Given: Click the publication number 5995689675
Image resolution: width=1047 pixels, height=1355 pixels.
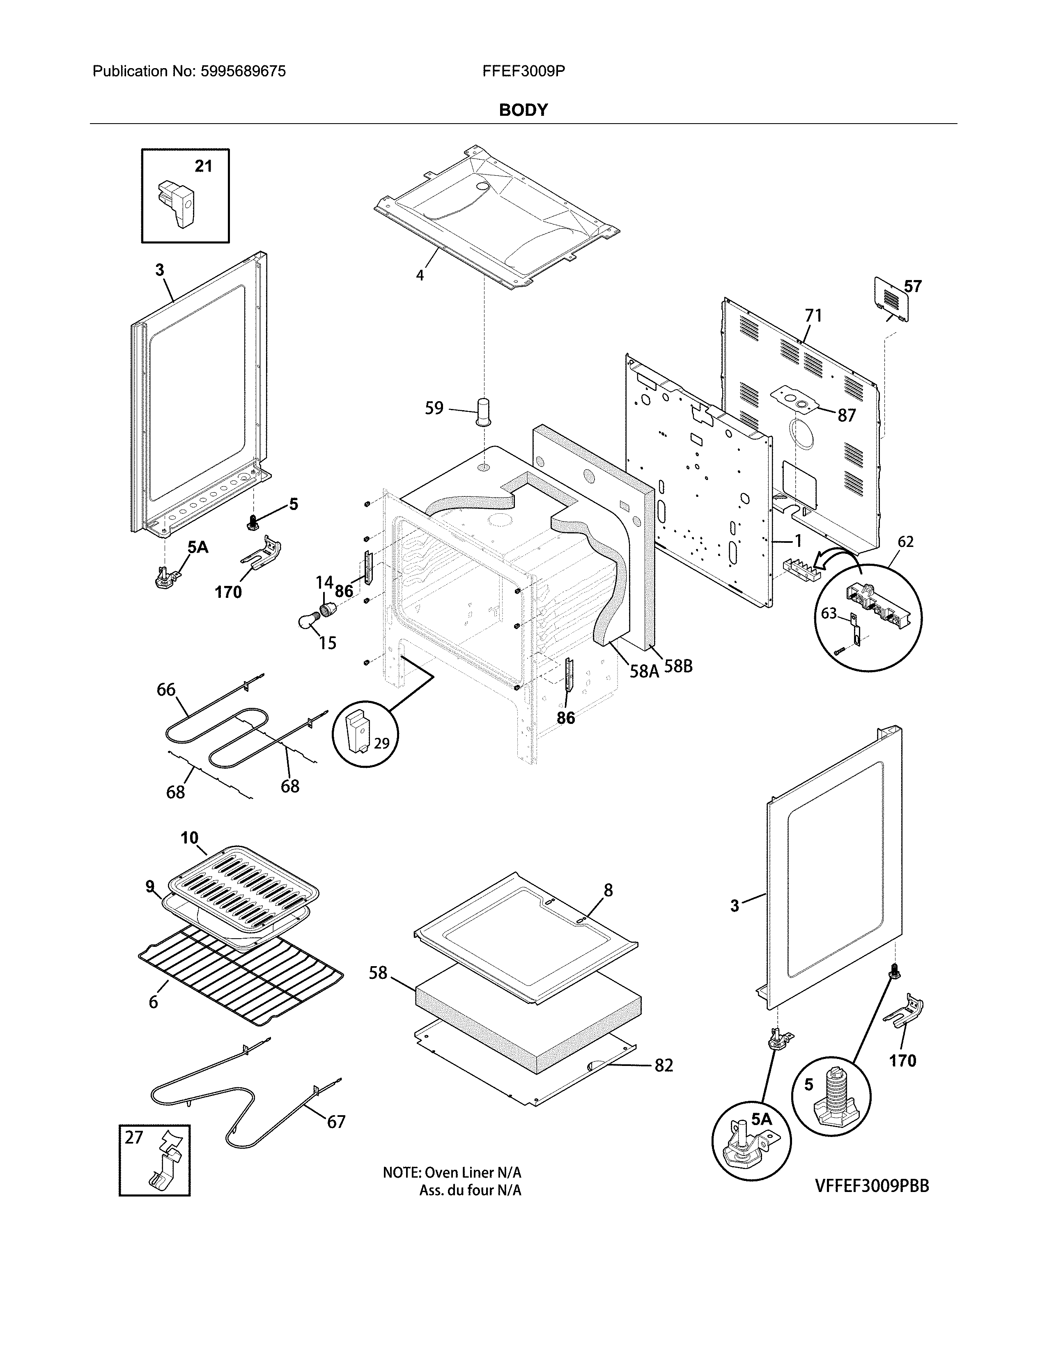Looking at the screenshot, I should (243, 71).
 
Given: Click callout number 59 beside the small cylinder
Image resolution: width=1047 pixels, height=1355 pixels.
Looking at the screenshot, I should (434, 408).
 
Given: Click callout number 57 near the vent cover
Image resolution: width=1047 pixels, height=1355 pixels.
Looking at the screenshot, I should (912, 286).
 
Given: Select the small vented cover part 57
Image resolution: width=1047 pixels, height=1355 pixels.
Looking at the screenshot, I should (892, 300).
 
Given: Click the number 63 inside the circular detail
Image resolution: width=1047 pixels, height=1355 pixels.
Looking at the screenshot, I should (829, 613).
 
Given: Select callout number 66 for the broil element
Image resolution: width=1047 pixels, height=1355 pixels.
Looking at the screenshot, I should (165, 689).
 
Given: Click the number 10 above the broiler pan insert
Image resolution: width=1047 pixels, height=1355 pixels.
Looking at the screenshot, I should (189, 838).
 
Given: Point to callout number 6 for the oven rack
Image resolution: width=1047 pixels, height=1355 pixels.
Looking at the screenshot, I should (153, 1002).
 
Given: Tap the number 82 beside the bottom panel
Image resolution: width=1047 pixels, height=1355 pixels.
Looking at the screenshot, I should (663, 1065).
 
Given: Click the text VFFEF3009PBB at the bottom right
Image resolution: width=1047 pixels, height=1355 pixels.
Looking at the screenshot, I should (871, 1186).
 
